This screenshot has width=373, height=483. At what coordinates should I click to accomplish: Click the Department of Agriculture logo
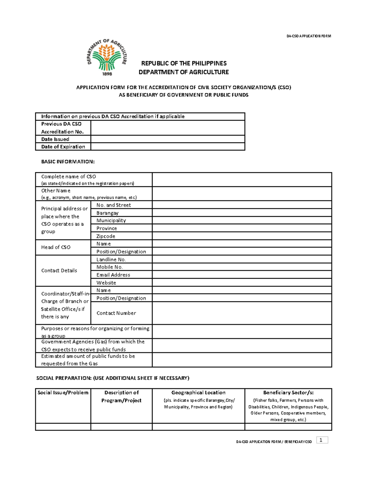[107, 56]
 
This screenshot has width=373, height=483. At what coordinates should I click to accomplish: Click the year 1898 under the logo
[107, 74]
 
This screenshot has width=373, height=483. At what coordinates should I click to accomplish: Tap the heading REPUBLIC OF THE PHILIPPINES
[184, 63]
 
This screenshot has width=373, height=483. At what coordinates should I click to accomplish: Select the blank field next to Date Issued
[168, 139]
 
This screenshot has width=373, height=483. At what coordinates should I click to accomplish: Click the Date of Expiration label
[63, 147]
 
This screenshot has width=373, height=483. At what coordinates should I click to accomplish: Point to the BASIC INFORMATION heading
[68, 162]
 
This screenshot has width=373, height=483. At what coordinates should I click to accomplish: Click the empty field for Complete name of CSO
[242, 179]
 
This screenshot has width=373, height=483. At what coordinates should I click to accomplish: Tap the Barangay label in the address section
[108, 213]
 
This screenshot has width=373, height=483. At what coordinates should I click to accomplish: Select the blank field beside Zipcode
[242, 236]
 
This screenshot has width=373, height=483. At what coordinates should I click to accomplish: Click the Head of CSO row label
[56, 247]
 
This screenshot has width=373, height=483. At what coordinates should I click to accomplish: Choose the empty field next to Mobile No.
[242, 267]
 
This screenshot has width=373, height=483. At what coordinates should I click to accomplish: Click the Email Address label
[113, 275]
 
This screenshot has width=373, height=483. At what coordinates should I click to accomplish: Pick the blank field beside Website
[242, 283]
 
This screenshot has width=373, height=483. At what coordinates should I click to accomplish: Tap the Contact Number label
[116, 313]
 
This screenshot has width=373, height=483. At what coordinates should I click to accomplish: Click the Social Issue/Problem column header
[63, 393]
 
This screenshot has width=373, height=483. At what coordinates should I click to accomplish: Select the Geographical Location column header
[198, 393]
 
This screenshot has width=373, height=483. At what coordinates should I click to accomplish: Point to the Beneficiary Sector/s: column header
[288, 393]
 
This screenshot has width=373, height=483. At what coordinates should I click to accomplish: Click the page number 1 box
[322, 440]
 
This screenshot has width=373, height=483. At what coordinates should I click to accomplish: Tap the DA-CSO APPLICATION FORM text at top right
[309, 36]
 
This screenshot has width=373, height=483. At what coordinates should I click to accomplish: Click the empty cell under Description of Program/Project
[121, 427]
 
